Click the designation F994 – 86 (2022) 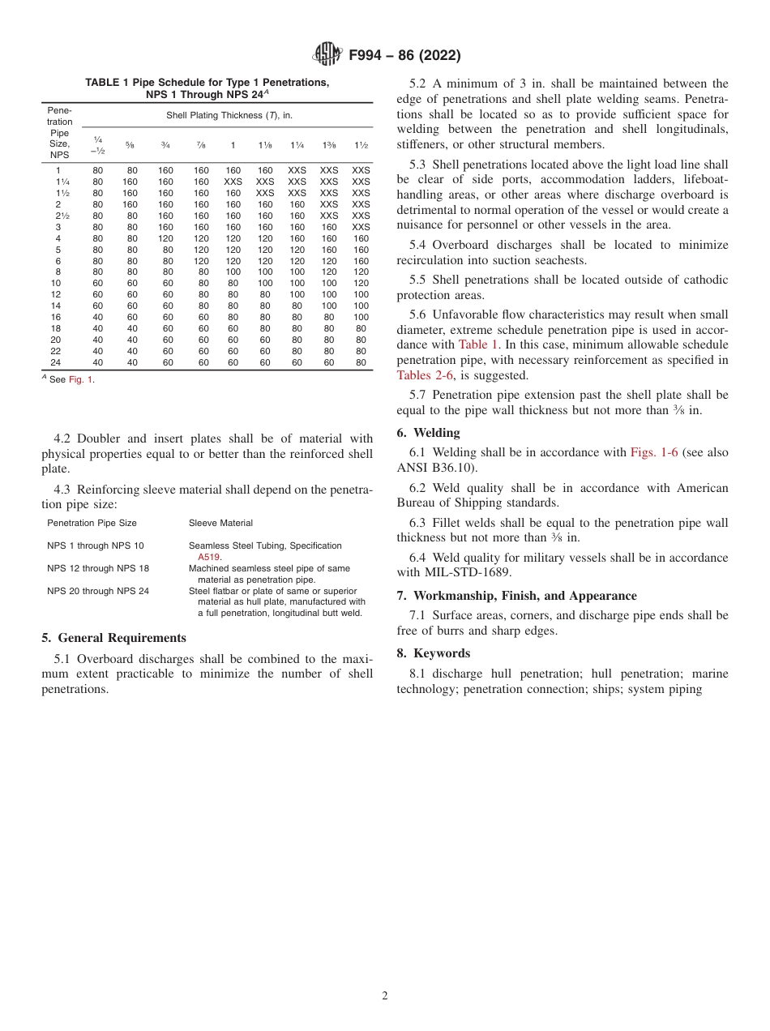pos(404,56)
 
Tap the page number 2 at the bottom pos(385,996)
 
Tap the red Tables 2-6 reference pos(425,374)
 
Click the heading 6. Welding pos(428,433)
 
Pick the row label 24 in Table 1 pos(56,362)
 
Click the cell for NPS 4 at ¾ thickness pos(165,238)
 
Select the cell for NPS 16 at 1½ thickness pos(361,317)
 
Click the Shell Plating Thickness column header pos(229,116)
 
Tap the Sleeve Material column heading pos(220,523)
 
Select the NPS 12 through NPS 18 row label pos(98,568)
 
